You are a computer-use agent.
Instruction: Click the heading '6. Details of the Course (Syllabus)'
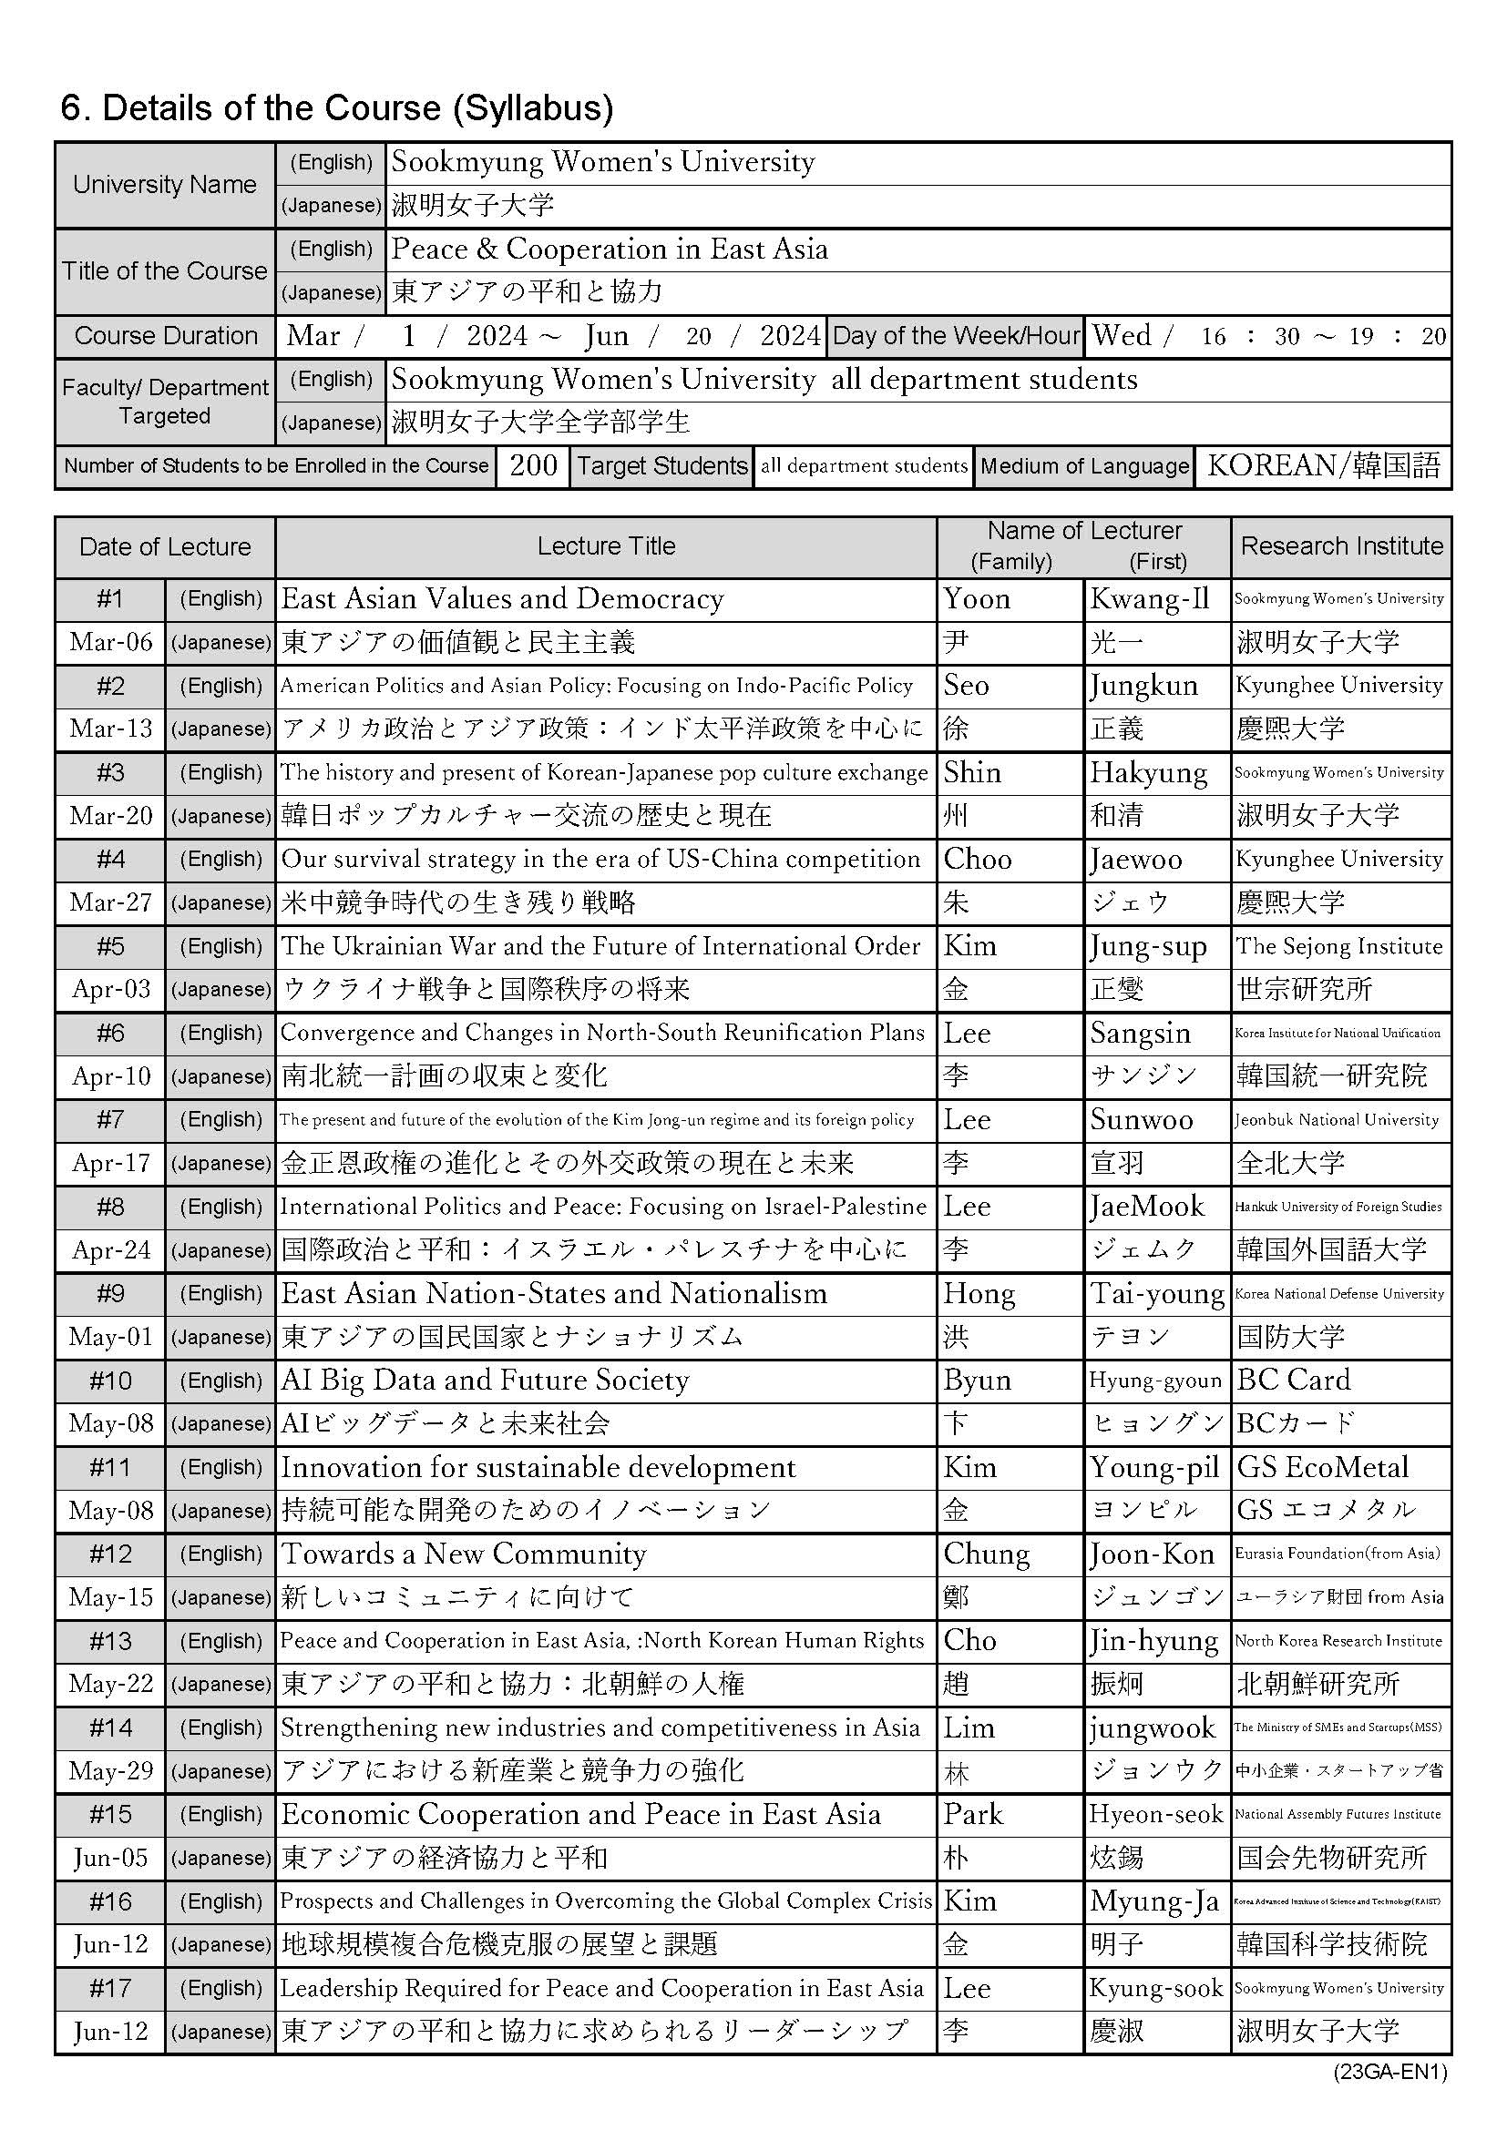(337, 108)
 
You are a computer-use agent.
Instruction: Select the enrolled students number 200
(534, 465)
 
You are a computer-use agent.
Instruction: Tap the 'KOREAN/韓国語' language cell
(1324, 465)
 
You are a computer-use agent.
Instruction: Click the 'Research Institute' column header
(1341, 546)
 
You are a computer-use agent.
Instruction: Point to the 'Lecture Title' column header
(606, 546)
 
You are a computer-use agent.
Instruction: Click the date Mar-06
(110, 642)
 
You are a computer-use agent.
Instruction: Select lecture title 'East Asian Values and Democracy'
(502, 599)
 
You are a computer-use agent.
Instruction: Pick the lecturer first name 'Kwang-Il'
(1150, 599)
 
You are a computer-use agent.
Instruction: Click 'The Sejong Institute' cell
(1339, 946)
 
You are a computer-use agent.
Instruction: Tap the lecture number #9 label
(110, 1293)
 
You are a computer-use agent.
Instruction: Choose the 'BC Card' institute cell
(1294, 1381)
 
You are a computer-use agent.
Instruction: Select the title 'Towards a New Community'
(464, 1554)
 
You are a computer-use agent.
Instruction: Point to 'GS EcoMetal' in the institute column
(1322, 1468)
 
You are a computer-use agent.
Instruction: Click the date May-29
(110, 1771)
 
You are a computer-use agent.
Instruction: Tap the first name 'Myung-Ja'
(1154, 1901)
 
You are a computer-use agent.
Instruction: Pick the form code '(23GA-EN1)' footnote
(1390, 2073)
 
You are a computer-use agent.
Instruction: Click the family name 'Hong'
(979, 1293)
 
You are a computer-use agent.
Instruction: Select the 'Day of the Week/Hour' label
(956, 336)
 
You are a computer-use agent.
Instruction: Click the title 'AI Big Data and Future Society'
(486, 1381)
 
